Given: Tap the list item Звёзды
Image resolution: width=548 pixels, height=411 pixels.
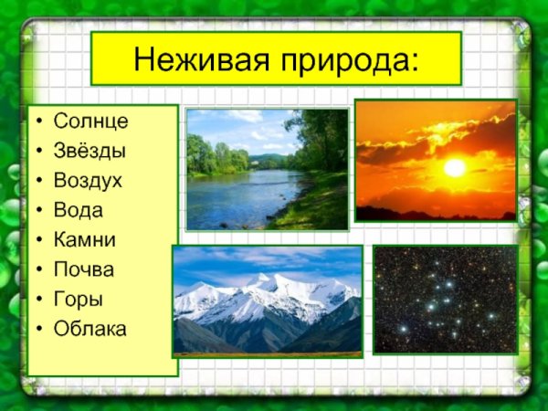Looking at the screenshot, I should click(x=90, y=151).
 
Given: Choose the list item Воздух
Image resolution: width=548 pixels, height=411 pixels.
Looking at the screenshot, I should click(x=88, y=180).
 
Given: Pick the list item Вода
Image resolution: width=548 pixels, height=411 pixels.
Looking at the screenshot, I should click(x=79, y=210).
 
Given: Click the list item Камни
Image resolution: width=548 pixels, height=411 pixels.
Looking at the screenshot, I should click(x=84, y=239).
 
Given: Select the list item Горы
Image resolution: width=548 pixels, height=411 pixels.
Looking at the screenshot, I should click(x=79, y=299).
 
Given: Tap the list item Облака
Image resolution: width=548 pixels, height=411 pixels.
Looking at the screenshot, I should click(x=90, y=328).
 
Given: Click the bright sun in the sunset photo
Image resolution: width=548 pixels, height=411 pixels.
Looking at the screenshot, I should click(x=454, y=168).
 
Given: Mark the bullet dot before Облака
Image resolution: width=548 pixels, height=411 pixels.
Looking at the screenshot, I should click(x=38, y=329).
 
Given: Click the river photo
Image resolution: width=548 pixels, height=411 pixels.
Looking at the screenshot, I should click(x=267, y=169).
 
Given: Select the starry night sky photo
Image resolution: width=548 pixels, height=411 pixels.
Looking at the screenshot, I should click(x=445, y=299).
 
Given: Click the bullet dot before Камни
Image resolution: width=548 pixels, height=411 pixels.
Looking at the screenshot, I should click(x=38, y=240).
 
